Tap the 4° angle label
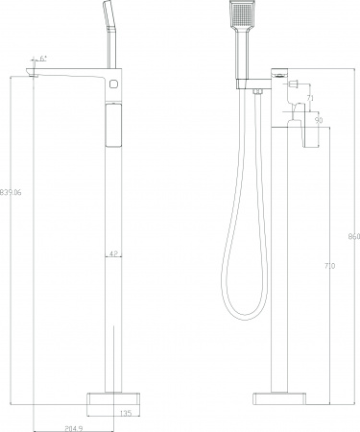[x=43, y=58]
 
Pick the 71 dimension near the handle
[x=310, y=98]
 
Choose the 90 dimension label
[x=316, y=120]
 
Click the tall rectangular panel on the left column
[x=112, y=126]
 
